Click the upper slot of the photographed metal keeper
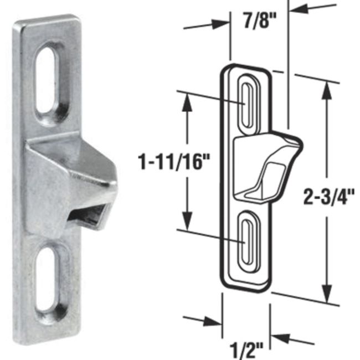tap(48, 77)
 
